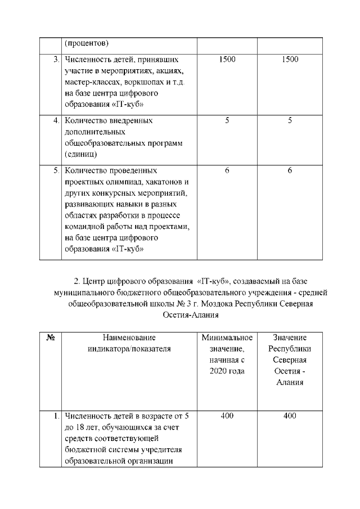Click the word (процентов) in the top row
pos(87,43)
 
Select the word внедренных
pos(131,120)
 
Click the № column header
pos(49,337)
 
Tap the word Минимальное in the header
pos(227,337)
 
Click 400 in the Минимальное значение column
pos(227,416)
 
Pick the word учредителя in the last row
pos(164,450)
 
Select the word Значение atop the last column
pos(290,337)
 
